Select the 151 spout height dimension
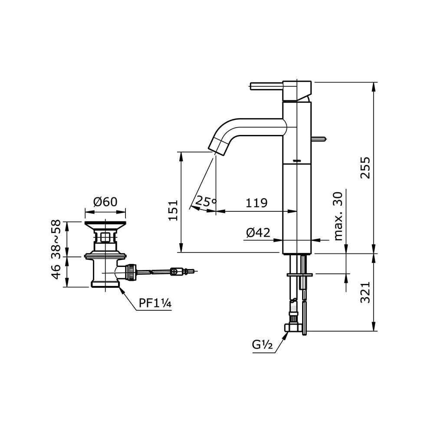point(174,210)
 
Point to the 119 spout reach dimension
point(256,203)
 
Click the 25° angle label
point(205,201)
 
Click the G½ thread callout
point(262,345)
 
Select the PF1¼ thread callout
point(155,303)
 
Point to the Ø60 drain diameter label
point(105,202)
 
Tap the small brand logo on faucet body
point(297,161)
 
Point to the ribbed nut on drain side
point(130,273)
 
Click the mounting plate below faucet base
point(299,274)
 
